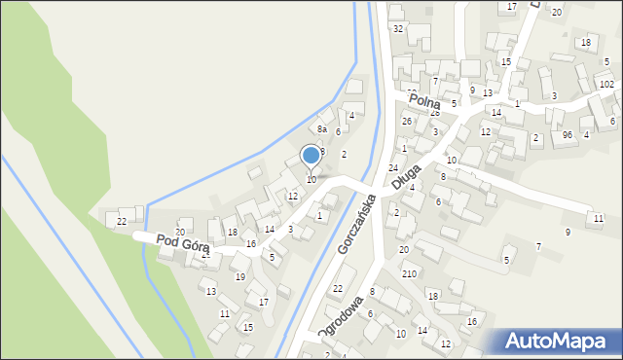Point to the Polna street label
coord(424,101)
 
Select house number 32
coord(398,28)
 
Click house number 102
coord(606,85)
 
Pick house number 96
coord(567,135)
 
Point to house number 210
coord(410,274)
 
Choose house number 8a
coord(322,128)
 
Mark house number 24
coord(393,168)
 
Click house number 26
coord(407,121)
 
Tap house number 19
coord(240,277)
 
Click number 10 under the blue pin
coord(311,179)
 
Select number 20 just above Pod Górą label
coord(180,232)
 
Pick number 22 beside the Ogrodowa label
coord(338,288)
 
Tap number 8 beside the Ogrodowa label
coord(372,291)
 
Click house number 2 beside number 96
coord(536,138)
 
